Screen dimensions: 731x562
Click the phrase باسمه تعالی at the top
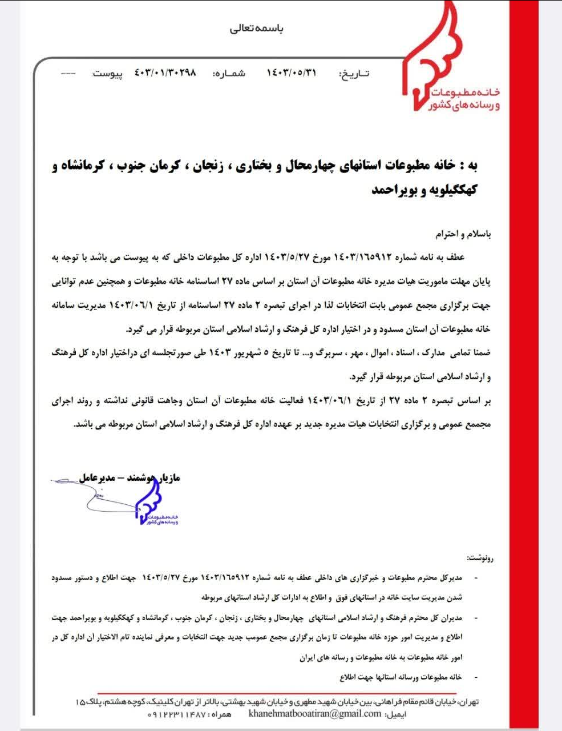(x=256, y=28)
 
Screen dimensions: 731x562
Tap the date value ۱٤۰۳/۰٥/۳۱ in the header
(x=291, y=73)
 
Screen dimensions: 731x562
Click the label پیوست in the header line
(x=107, y=74)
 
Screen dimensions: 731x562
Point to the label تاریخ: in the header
(x=354, y=74)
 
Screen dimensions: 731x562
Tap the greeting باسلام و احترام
(x=463, y=234)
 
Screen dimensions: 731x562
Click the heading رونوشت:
(x=479, y=557)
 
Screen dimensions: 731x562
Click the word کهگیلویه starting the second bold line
(x=454, y=190)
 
